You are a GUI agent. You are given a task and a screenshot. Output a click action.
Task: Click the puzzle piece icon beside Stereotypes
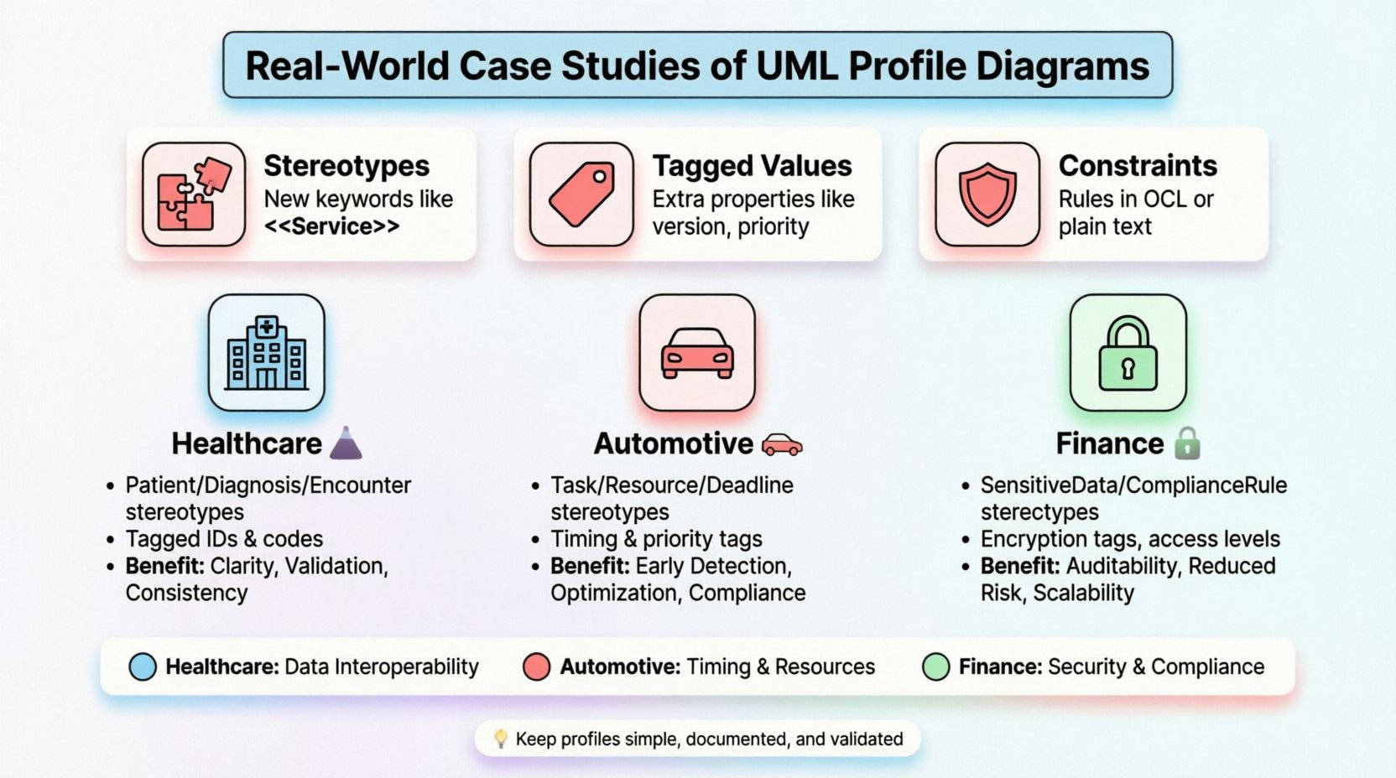(x=194, y=194)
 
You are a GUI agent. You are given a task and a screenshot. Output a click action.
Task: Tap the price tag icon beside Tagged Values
(x=581, y=194)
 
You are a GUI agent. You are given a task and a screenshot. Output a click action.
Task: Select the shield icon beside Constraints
(x=987, y=194)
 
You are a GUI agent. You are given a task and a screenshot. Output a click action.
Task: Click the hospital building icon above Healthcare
(x=266, y=353)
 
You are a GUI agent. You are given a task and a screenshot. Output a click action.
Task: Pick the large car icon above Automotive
(x=697, y=353)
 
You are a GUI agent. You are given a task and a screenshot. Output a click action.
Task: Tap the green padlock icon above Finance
(x=1128, y=353)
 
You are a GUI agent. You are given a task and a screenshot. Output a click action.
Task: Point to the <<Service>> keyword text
(x=331, y=226)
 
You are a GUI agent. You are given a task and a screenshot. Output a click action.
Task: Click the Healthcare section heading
(x=247, y=443)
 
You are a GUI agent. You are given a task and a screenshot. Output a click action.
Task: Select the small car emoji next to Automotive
(x=781, y=444)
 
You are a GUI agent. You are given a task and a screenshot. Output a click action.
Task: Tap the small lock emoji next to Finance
(x=1187, y=443)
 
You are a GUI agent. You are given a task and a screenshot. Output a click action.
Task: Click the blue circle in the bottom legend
(x=143, y=666)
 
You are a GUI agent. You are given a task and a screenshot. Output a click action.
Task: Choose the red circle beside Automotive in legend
(x=536, y=666)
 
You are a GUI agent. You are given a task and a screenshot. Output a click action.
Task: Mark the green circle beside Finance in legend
(x=935, y=666)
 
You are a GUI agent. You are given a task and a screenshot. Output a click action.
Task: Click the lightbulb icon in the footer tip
(x=501, y=738)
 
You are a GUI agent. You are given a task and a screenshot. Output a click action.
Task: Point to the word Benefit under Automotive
(x=589, y=566)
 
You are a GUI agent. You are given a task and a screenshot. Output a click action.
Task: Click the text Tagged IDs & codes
(x=224, y=539)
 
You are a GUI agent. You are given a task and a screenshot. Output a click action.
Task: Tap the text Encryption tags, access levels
(x=1130, y=539)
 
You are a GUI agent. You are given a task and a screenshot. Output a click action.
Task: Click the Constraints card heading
(x=1137, y=166)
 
